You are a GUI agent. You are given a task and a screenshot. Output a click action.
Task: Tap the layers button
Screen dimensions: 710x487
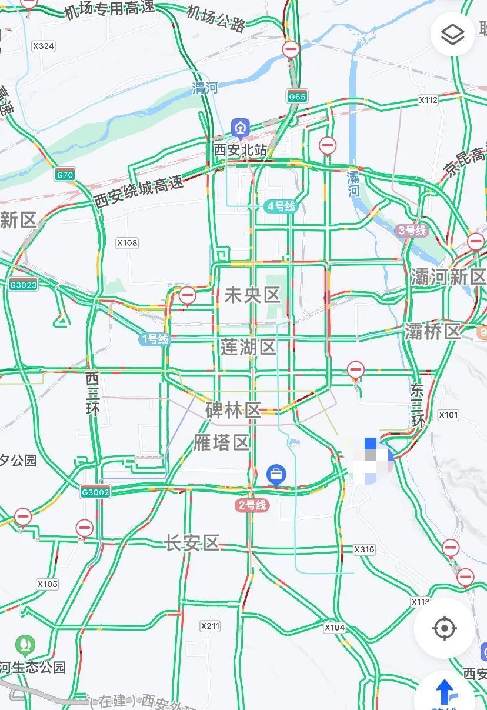452,34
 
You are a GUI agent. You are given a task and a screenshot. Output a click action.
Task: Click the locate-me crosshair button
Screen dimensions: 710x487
445,628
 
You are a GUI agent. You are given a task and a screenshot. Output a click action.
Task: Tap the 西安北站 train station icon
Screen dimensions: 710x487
240,128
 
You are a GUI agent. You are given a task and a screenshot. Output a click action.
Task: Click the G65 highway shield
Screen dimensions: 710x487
297,95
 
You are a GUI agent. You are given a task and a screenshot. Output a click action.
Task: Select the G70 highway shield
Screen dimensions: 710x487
65,175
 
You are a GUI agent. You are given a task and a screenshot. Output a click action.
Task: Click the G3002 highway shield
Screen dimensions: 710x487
95,492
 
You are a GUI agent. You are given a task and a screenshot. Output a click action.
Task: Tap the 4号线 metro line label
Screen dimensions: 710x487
281,206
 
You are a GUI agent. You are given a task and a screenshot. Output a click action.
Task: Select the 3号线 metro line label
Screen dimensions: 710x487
412,230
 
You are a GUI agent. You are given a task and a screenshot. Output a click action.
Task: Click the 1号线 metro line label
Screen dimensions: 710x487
154,339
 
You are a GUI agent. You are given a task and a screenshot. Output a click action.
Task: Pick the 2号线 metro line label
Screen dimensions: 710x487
252,505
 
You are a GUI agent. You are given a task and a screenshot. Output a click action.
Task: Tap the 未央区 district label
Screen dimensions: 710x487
252,295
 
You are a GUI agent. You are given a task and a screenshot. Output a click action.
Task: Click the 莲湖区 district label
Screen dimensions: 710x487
248,347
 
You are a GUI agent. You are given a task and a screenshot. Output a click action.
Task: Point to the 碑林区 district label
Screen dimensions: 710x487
233,410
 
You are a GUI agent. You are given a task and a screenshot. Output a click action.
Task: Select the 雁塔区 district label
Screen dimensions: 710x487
222,442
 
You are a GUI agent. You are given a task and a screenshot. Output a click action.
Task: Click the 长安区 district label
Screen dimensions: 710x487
192,543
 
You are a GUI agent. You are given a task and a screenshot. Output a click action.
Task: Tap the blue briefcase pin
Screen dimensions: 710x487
276,474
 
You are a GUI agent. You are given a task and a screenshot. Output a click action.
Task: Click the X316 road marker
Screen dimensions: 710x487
364,549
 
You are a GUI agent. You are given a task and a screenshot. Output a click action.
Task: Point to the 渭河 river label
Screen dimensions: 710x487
205,88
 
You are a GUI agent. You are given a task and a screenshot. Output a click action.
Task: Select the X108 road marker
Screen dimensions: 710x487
127,242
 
